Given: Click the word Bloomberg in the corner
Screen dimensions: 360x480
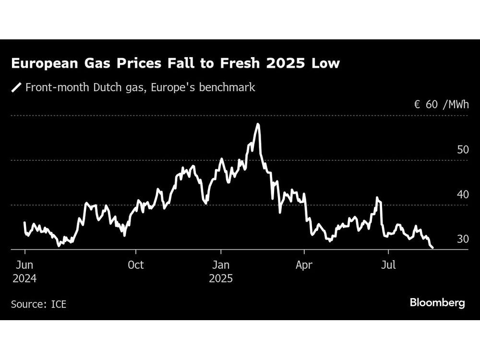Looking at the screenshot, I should click(x=437, y=303).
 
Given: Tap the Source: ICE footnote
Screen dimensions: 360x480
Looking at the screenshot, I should click(x=38, y=304).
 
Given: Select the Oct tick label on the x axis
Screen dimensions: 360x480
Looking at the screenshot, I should click(x=136, y=264).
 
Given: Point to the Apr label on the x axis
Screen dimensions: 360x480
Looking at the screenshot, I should click(x=304, y=264).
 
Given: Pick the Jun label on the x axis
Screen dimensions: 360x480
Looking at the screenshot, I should click(x=24, y=264).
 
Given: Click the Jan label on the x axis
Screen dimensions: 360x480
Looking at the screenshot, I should click(x=221, y=264).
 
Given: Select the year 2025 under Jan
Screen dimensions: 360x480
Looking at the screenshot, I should click(x=221, y=278).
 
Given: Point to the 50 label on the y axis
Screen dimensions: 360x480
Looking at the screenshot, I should click(x=463, y=150).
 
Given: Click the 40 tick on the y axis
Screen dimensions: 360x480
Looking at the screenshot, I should click(x=463, y=194).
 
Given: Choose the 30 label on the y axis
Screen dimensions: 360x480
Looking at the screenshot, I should click(x=463, y=239).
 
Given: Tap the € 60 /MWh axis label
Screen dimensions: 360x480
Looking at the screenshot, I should click(x=442, y=105).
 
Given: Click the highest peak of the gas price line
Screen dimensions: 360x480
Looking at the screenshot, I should click(x=258, y=124).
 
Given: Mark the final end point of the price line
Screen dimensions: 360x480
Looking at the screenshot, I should click(x=433, y=248).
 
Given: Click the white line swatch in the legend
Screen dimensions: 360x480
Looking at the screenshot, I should click(x=16, y=88).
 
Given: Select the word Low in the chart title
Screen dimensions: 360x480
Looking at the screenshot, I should click(x=326, y=64).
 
